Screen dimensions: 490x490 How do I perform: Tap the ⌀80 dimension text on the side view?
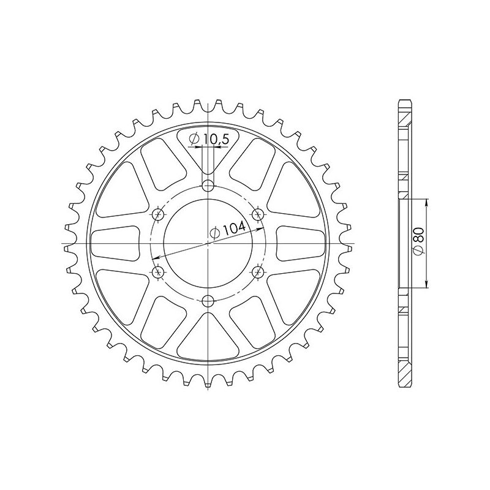tap(420, 243)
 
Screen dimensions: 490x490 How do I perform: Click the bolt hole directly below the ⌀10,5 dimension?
tap(209, 186)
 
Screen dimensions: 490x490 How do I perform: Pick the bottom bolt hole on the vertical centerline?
tap(209, 300)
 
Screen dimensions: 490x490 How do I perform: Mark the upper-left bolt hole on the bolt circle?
tap(159, 214)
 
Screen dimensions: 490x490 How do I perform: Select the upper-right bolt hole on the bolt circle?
tap(258, 214)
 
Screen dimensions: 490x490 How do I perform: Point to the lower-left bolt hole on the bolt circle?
tap(159, 271)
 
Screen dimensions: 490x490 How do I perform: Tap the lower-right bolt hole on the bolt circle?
tap(258, 271)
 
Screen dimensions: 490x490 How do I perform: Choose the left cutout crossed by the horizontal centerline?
tap(116, 243)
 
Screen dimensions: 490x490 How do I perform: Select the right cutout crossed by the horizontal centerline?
tap(301, 243)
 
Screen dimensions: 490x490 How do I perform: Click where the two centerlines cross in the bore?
tap(209, 243)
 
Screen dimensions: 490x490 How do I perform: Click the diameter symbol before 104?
tap(215, 233)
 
